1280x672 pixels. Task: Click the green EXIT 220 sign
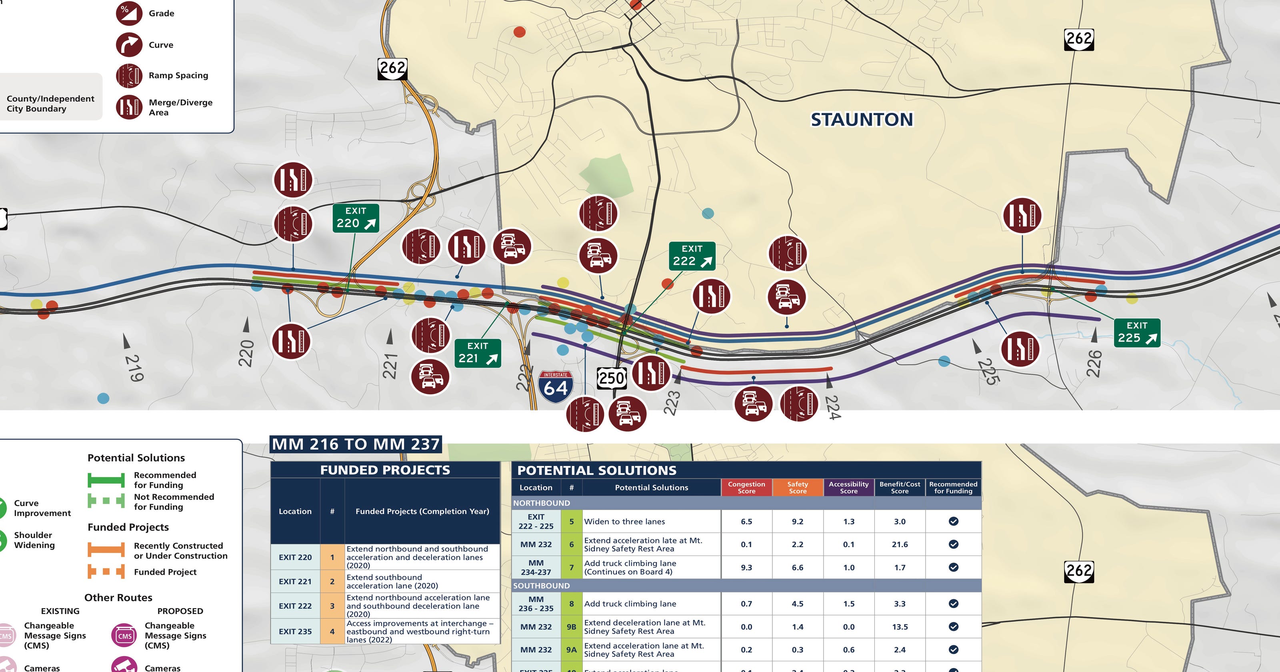point(355,218)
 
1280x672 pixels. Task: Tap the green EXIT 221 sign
point(478,353)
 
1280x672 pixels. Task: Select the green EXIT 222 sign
point(692,256)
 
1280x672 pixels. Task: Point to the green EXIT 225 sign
point(1137,332)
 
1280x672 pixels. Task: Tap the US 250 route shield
point(611,378)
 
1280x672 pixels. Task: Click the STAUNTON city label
point(862,119)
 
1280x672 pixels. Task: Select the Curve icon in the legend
point(129,45)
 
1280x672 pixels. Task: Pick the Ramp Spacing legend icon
point(129,76)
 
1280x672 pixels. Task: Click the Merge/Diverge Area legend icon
point(129,107)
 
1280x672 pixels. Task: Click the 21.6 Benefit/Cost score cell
point(899,544)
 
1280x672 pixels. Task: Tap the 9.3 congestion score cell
point(746,567)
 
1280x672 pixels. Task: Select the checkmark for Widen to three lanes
point(953,521)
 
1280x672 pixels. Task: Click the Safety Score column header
point(798,488)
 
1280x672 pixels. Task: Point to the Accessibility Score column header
point(849,488)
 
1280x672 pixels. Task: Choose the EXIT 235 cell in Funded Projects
point(295,632)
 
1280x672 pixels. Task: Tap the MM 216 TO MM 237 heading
point(356,444)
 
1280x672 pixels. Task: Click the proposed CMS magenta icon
point(124,636)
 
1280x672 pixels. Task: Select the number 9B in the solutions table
point(572,627)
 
